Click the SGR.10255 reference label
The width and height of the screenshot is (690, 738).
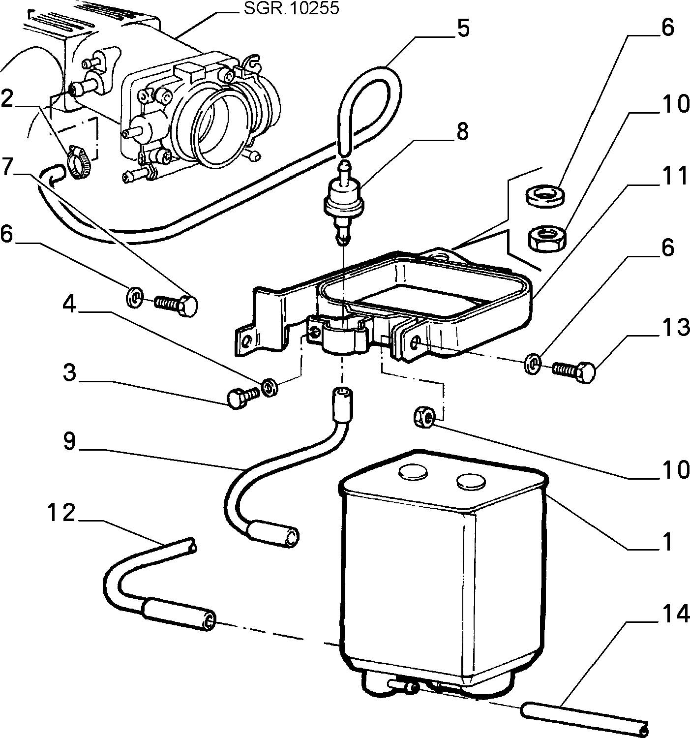coord(291,8)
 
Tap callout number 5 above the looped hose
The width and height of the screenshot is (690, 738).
coord(463,29)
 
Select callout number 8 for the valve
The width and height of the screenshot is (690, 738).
coord(462,131)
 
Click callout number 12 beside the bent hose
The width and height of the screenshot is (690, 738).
coord(61,513)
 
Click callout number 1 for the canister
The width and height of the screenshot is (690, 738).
coord(667,552)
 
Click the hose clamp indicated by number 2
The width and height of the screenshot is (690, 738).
coord(79,163)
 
